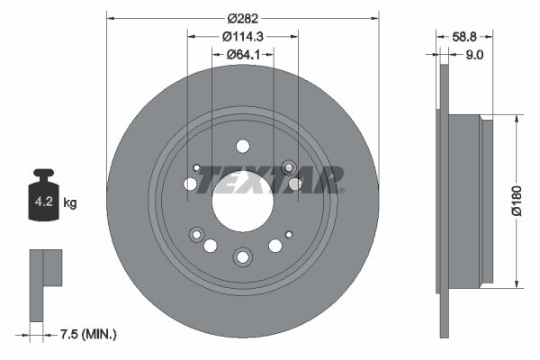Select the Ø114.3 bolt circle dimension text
click(242, 37)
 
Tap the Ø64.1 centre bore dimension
click(242, 55)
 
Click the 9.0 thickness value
click(474, 55)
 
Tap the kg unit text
click(70, 202)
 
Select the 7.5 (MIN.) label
click(88, 334)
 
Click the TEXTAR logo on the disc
click(270, 179)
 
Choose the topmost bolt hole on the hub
click(242, 146)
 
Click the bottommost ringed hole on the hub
click(242, 257)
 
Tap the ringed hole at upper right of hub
click(288, 167)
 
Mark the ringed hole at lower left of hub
click(196, 234)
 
